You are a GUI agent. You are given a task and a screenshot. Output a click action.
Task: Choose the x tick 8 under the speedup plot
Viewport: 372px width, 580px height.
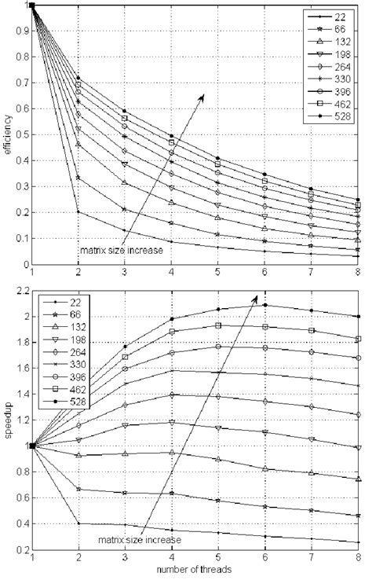(x=359, y=557)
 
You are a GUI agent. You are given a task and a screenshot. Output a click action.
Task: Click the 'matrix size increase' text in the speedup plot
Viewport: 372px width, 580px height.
(x=140, y=541)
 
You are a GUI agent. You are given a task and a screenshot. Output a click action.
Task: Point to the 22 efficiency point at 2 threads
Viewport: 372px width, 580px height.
(x=78, y=211)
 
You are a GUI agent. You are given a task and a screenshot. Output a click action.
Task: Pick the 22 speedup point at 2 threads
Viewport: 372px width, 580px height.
(x=78, y=523)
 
